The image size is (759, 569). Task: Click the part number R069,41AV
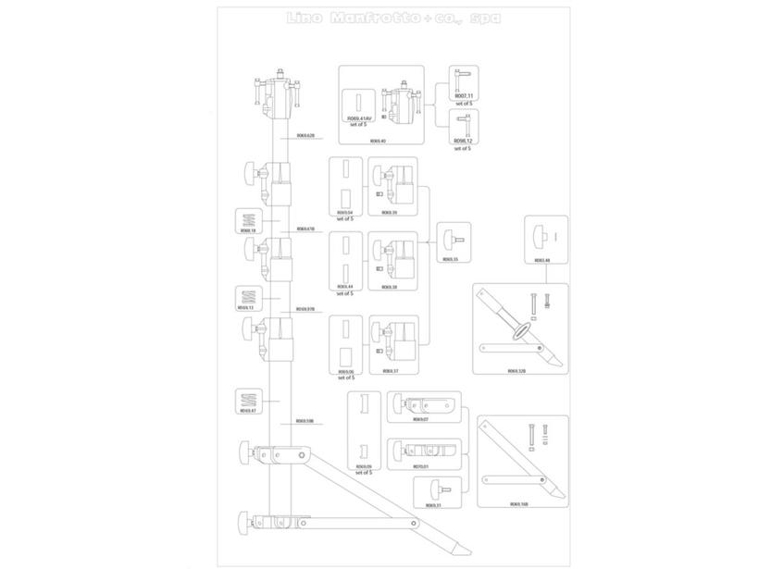tap(358, 118)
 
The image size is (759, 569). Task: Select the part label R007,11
tap(463, 95)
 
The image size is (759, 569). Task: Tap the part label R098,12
tap(463, 141)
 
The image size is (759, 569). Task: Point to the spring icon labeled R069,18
tap(247, 219)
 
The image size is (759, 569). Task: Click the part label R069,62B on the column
tap(305, 135)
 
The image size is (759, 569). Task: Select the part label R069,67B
tap(305, 229)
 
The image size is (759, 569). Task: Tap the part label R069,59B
tap(305, 420)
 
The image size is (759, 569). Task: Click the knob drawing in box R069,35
tap(452, 237)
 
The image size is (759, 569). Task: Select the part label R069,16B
tap(518, 504)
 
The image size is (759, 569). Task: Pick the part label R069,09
tap(364, 466)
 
